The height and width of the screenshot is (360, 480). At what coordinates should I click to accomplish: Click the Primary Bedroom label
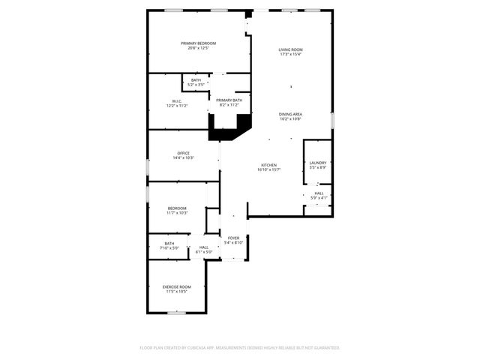[198, 43]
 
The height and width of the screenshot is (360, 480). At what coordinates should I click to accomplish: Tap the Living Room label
[291, 49]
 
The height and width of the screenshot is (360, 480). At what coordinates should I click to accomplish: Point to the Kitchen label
[268, 165]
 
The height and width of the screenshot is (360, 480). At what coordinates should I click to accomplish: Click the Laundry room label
[318, 162]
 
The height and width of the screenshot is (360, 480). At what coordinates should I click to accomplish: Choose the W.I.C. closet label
[177, 101]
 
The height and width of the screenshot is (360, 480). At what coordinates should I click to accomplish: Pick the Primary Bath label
[229, 100]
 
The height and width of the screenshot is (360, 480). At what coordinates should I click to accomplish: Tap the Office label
[184, 153]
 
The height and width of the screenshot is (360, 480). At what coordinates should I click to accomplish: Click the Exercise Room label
[177, 286]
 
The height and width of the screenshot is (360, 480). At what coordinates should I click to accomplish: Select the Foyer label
[234, 238]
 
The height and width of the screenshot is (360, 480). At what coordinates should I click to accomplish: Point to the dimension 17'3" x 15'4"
[291, 55]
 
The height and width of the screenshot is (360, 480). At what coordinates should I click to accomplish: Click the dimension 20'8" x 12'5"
[198, 49]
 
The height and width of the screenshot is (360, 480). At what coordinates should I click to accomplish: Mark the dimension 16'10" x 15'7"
[268, 170]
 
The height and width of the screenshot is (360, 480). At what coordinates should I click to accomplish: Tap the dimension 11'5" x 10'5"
[177, 292]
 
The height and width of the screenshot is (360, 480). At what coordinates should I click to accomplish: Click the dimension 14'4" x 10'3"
[184, 158]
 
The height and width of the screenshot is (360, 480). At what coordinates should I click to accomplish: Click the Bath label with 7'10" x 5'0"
[169, 243]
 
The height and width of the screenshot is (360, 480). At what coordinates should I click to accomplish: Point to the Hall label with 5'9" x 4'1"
[319, 193]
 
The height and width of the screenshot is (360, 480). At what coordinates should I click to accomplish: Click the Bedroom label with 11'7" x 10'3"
[177, 208]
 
